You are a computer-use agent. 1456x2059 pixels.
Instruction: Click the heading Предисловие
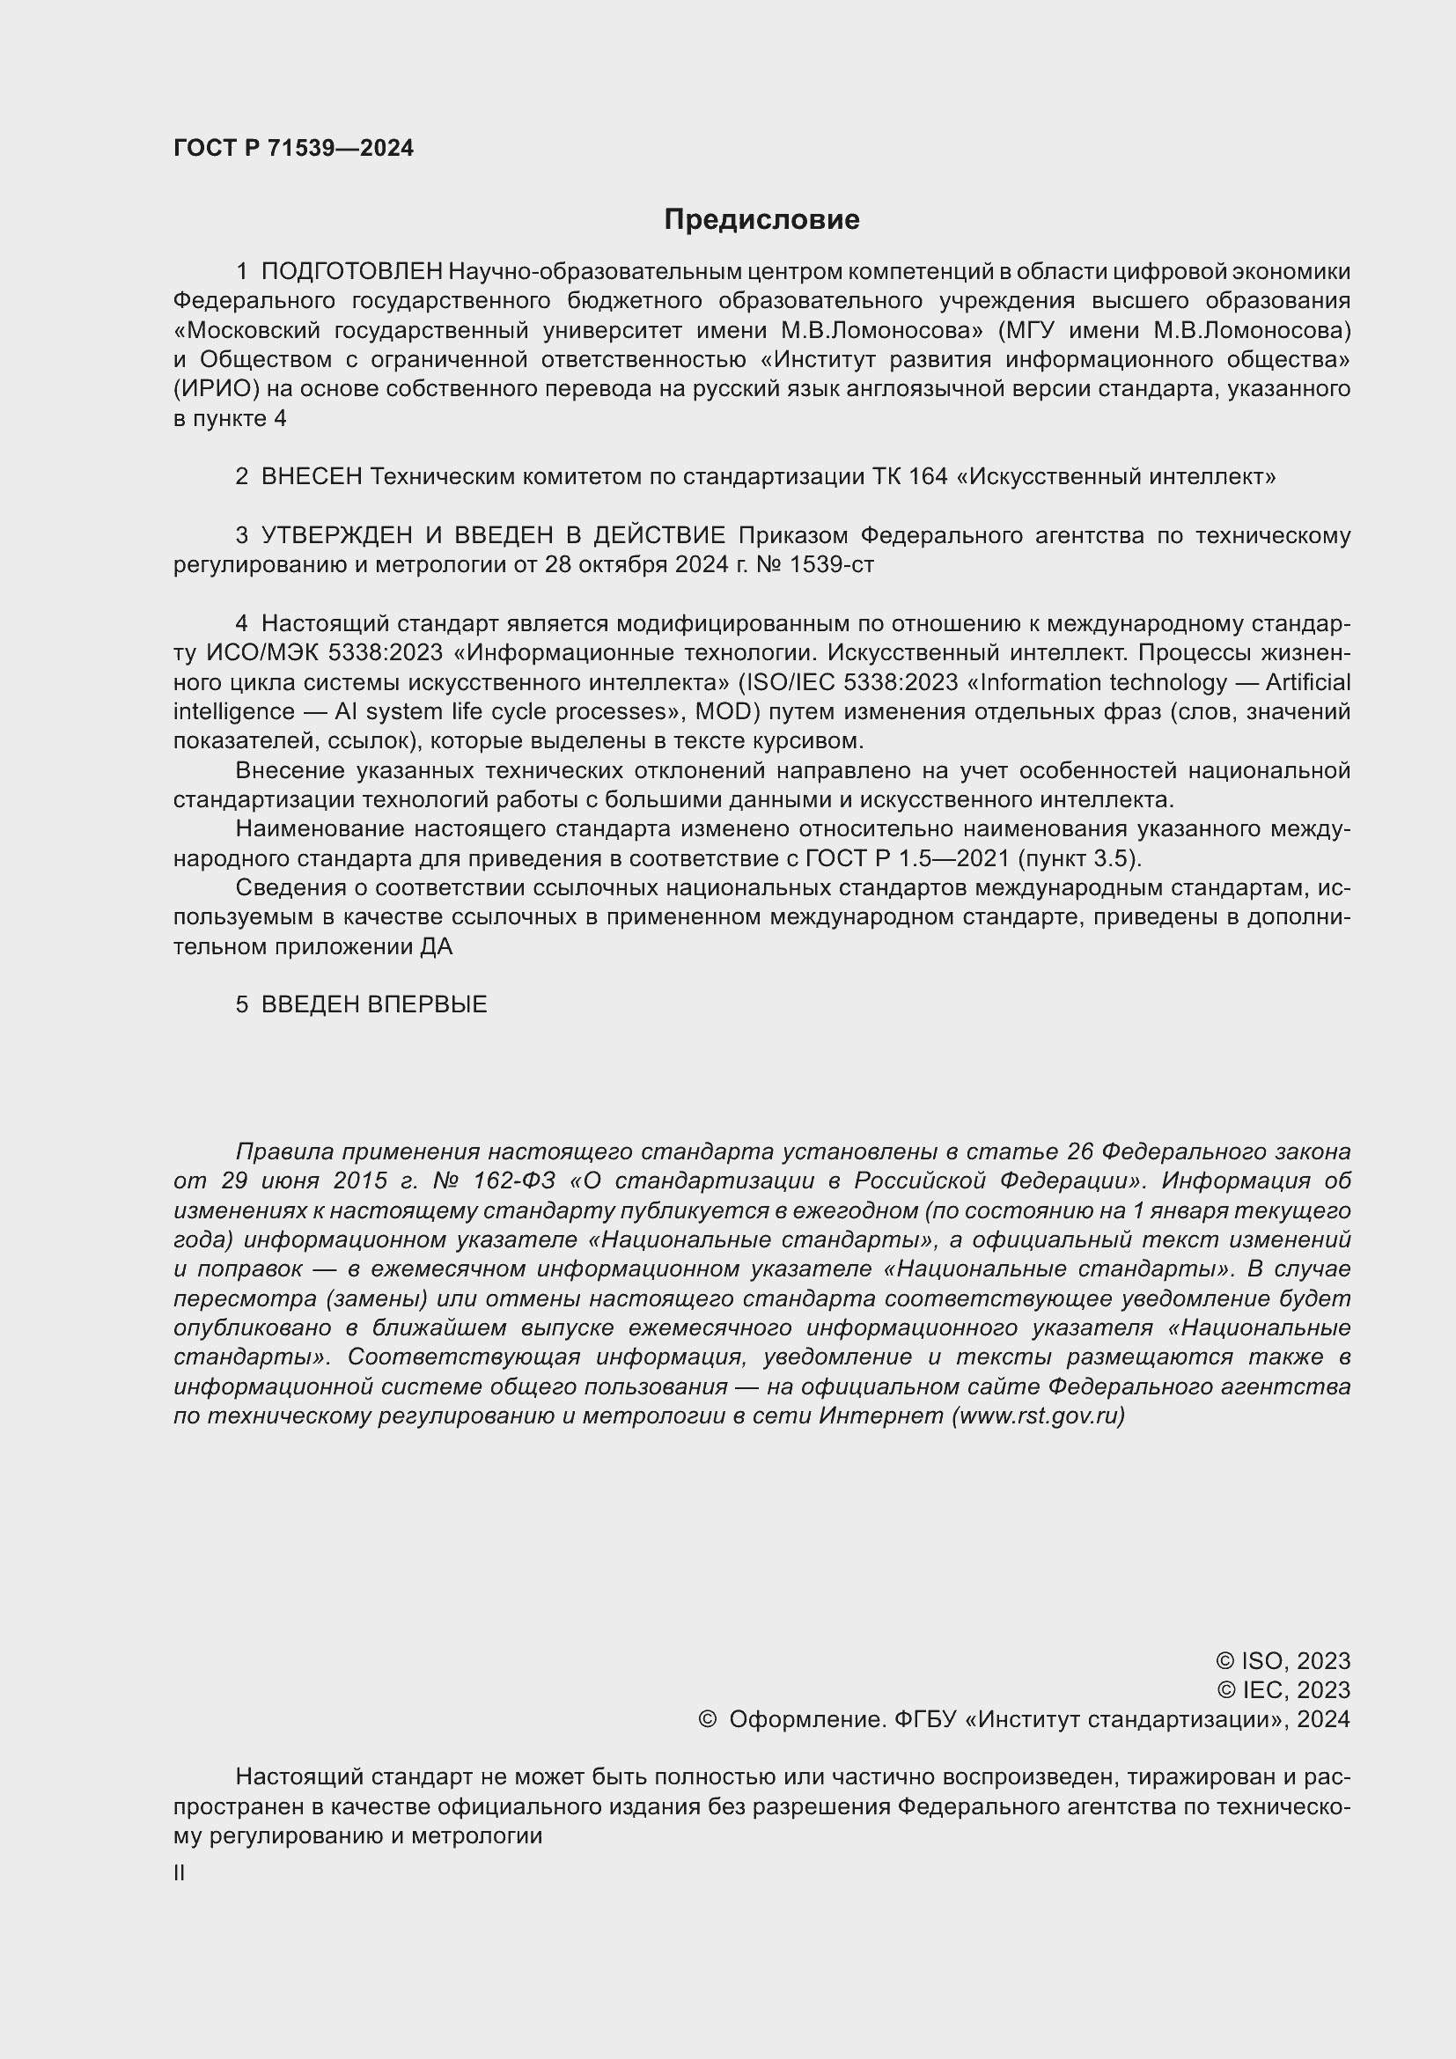coord(761,220)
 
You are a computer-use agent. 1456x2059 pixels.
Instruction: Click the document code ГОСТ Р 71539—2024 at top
coord(293,149)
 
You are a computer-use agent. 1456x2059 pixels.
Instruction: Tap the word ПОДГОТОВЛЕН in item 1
coord(351,271)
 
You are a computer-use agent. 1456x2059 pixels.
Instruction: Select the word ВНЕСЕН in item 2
coord(311,476)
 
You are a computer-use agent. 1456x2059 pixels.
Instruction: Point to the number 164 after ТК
coord(927,476)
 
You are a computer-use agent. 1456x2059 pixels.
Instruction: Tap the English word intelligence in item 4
coord(233,711)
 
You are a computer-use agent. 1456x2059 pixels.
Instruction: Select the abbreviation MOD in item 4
coord(718,711)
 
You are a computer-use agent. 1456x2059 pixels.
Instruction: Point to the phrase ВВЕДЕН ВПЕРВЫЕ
coord(374,1004)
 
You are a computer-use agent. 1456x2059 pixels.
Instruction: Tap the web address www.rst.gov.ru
coord(1037,1416)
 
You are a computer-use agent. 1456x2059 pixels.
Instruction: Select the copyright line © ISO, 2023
coord(1282,1661)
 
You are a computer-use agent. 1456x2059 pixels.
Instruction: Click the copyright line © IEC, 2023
coord(1283,1689)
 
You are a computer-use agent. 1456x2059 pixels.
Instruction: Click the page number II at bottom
coord(180,1872)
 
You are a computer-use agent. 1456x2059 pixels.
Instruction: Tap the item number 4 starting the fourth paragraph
coord(241,623)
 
